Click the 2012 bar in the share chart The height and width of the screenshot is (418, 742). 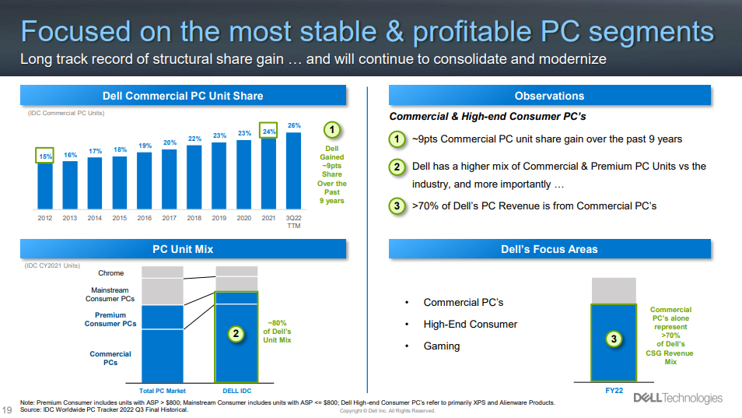click(x=45, y=185)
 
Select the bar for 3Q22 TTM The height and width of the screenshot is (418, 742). click(x=293, y=170)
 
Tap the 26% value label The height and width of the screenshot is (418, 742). click(x=294, y=125)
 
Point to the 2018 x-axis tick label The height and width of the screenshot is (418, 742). click(x=194, y=218)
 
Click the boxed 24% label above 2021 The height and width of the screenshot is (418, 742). click(x=268, y=131)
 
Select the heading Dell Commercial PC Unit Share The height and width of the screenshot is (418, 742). click(x=183, y=96)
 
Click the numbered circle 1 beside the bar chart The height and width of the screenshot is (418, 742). click(x=332, y=130)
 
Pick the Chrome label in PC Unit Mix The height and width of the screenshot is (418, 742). click(x=110, y=273)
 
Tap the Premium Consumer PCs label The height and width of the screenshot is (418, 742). click(x=110, y=320)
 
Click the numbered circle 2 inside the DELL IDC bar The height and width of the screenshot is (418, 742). click(x=236, y=334)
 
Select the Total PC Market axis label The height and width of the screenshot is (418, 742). click(x=163, y=391)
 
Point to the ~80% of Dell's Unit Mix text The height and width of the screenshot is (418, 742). click(x=277, y=332)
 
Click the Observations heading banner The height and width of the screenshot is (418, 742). click(x=549, y=96)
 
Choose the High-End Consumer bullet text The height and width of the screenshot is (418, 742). click(x=471, y=325)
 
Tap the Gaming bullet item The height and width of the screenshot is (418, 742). click(x=442, y=346)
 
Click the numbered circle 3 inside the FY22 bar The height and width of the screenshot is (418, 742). click(x=614, y=339)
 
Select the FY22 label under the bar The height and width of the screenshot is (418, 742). click(x=614, y=391)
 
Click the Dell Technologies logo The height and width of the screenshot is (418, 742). click(x=677, y=398)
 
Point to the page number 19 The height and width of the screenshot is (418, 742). click(x=7, y=410)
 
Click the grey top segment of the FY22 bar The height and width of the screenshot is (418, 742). click(x=614, y=290)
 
